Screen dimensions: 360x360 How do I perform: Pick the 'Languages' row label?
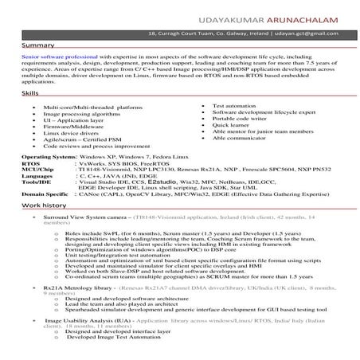(37, 178)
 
